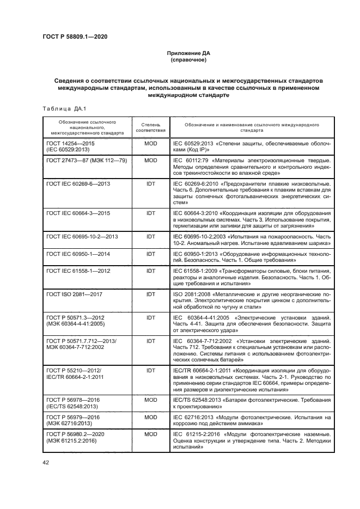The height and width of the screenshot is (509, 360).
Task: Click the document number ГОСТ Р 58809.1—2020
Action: [75, 37]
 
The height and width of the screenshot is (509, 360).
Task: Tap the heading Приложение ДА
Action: [188, 53]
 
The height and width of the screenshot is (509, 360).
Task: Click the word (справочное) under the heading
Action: [188, 60]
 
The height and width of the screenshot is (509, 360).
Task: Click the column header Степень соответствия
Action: [150, 127]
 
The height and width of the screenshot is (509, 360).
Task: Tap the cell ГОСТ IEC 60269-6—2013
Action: [78, 184]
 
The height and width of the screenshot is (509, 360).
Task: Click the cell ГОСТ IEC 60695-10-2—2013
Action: [82, 237]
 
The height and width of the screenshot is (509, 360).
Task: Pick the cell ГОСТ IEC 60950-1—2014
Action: [78, 254]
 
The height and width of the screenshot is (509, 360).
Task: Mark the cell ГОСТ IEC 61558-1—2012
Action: [78, 271]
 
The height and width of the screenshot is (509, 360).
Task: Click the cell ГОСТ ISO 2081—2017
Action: [75, 294]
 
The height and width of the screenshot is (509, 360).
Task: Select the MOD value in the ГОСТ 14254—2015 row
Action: [150, 143]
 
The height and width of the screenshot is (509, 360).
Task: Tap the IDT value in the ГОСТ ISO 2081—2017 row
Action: [150, 294]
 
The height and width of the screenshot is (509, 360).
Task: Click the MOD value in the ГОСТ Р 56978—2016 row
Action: [150, 399]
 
